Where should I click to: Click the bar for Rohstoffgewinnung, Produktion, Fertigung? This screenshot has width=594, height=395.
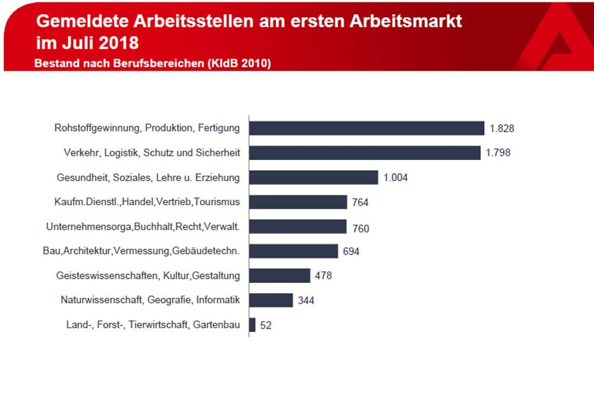(x=366, y=128)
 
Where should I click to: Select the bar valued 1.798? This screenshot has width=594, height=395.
(x=365, y=153)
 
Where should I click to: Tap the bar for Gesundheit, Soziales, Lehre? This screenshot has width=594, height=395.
(x=314, y=177)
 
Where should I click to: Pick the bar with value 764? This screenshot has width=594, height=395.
(x=298, y=202)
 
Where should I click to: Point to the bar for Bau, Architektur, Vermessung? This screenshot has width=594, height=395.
(x=293, y=251)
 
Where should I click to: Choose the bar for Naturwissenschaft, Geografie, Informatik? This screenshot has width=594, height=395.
(x=271, y=300)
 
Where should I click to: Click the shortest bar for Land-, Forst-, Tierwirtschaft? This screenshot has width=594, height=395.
(x=252, y=325)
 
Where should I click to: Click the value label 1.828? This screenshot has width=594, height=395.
(x=502, y=128)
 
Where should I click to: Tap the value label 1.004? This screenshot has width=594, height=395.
(x=396, y=178)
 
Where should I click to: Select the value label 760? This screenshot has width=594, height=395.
(x=360, y=228)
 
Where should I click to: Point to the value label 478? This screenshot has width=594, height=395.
(x=323, y=276)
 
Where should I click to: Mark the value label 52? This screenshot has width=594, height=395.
(x=266, y=326)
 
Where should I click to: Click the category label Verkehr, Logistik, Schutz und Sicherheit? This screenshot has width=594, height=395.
(x=151, y=153)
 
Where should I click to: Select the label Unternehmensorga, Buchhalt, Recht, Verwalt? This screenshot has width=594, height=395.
(x=143, y=227)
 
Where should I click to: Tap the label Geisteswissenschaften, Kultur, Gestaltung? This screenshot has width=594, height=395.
(x=148, y=276)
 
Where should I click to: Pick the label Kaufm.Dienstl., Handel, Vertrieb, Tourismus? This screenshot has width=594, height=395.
(x=147, y=202)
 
